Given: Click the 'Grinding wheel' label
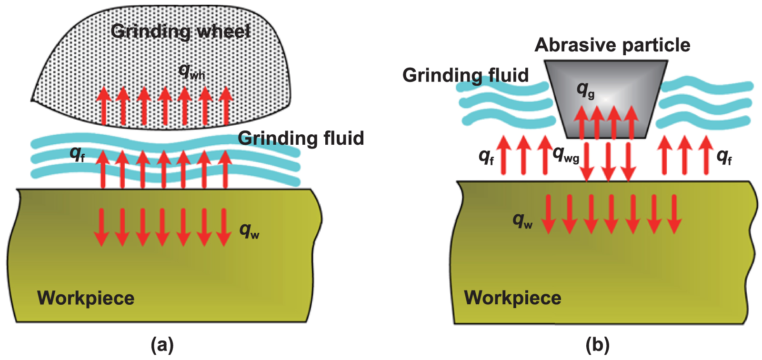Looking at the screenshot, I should coord(180,31).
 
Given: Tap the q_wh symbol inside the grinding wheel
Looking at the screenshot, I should coord(191,72).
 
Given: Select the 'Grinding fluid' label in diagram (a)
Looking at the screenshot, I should coord(301,138).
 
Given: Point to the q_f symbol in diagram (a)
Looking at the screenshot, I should coord(77,154).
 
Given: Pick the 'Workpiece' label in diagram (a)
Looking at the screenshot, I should coord(86,298).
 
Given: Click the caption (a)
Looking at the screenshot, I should coord(162,344).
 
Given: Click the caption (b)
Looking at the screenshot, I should coord(597,344).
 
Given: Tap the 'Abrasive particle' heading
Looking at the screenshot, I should coord(612,45).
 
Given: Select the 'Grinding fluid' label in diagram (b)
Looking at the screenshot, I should coord(465,75).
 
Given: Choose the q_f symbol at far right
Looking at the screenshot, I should coord(724,156).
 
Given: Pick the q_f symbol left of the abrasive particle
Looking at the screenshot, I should coord(486,156).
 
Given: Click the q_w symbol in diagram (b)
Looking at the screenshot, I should coord(522,220).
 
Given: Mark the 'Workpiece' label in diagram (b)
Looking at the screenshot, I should coord(512,298).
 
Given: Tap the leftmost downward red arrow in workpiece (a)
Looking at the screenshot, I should coord(100,227).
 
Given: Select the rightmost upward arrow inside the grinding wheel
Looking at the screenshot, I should coord(226,106).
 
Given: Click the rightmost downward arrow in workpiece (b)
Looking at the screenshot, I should coord(674,214).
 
